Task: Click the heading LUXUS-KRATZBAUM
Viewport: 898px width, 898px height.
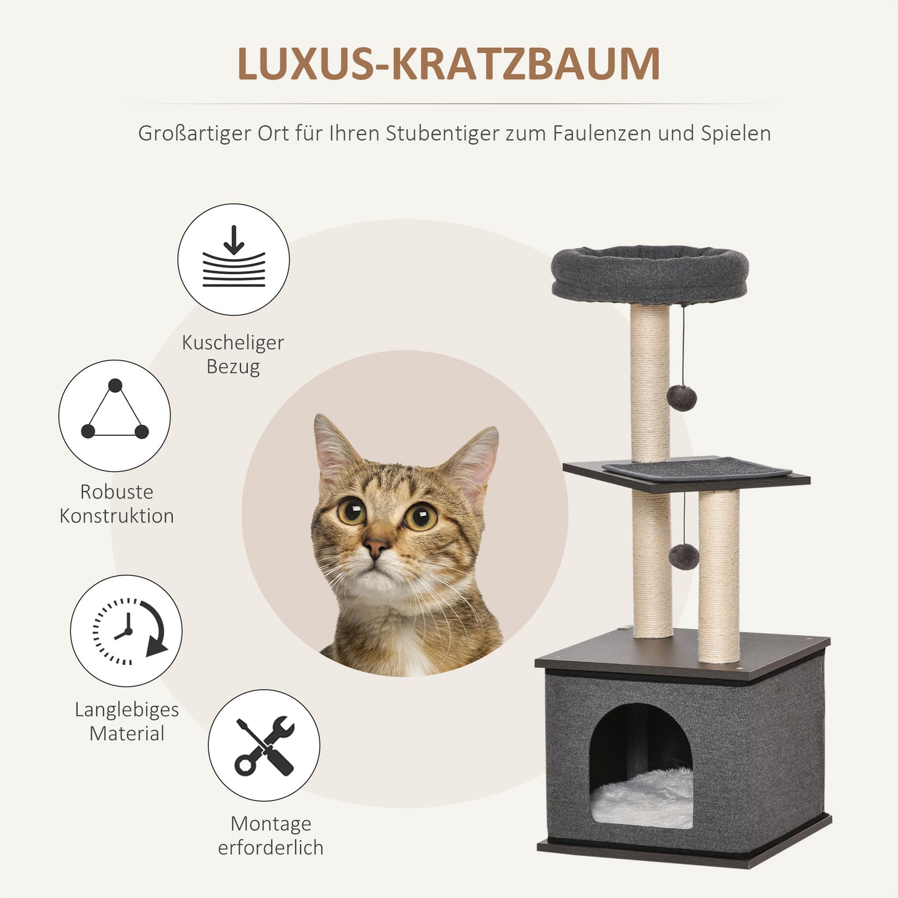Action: [x=448, y=63]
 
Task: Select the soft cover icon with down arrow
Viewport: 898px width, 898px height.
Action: [x=234, y=259]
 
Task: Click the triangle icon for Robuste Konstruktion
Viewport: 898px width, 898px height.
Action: [x=115, y=415]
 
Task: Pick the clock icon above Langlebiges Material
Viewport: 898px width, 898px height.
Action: [x=126, y=630]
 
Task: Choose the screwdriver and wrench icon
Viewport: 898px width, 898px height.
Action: [x=264, y=745]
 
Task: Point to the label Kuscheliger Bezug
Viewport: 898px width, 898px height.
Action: [x=233, y=354]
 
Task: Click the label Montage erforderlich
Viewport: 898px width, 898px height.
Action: [x=271, y=835]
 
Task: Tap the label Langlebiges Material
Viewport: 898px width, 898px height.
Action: [x=127, y=722]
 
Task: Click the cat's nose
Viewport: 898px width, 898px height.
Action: [x=376, y=548]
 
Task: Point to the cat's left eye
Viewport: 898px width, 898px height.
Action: [x=421, y=516]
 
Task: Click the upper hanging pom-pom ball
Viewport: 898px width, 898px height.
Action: [x=682, y=398]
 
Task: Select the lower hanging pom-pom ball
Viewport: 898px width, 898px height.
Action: [x=684, y=557]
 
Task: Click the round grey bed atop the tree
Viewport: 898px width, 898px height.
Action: [x=649, y=273]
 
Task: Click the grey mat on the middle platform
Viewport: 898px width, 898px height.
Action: [x=696, y=469]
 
